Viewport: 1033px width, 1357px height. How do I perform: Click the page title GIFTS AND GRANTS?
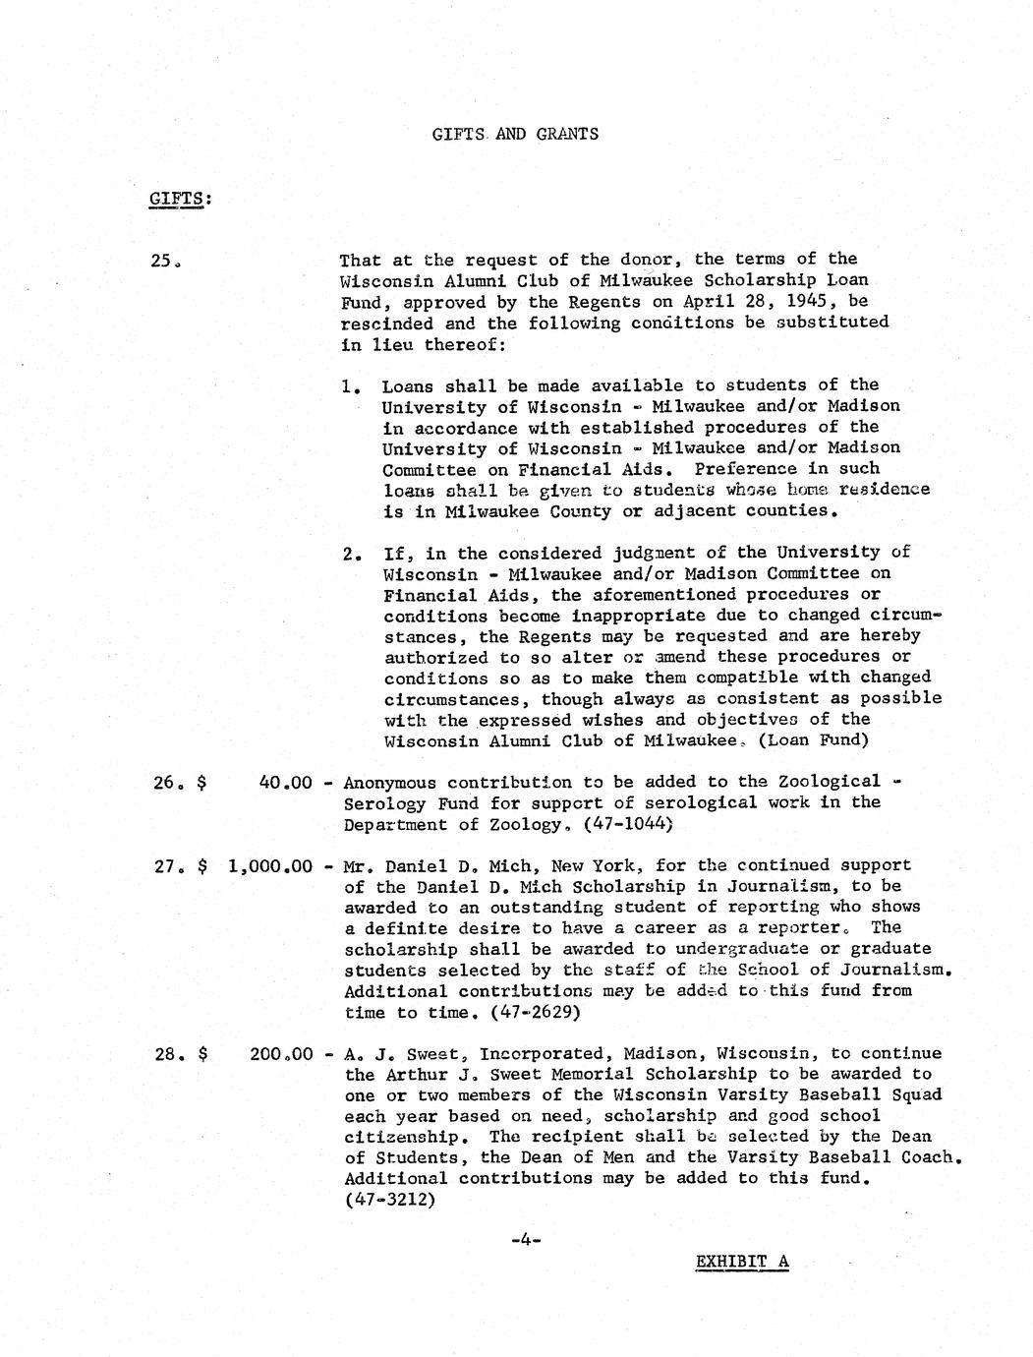click(515, 134)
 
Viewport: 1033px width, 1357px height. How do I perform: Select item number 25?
click(164, 261)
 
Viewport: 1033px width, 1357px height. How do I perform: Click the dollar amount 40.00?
click(285, 783)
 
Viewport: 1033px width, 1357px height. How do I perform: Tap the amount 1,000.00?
click(269, 866)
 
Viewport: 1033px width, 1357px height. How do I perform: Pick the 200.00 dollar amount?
click(281, 1054)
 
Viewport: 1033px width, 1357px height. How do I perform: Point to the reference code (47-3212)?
click(390, 1200)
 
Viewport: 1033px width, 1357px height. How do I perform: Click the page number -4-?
click(527, 1241)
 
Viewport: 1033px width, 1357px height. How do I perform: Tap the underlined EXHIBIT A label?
click(742, 1262)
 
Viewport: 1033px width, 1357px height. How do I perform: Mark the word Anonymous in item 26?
click(390, 783)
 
